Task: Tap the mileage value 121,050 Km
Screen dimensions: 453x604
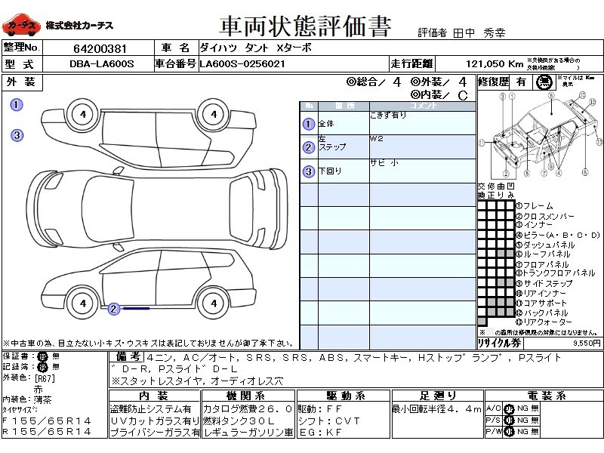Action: (x=495, y=64)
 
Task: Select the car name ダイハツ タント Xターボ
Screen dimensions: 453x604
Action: (x=252, y=48)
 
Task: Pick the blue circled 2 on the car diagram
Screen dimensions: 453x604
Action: (x=113, y=308)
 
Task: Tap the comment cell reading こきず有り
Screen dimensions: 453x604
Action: (x=388, y=116)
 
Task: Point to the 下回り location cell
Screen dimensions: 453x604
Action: (x=331, y=171)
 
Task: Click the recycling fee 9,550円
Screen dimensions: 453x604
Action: (x=586, y=342)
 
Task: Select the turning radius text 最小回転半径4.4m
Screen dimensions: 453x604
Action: (x=436, y=408)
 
